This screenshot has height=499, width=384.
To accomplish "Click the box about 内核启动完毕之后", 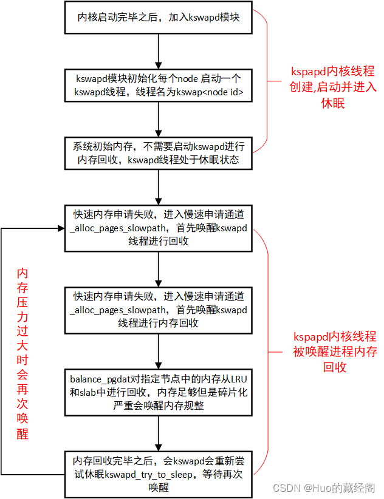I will click(159, 18).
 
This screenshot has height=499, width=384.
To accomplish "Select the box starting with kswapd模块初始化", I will click(159, 86).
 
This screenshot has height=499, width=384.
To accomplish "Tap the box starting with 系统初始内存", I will click(159, 152).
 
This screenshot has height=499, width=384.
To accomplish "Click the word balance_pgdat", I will click(101, 380).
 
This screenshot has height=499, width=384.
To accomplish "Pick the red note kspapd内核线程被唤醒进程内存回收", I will click(334, 352).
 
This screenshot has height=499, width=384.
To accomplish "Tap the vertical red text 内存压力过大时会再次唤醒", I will click(23, 352).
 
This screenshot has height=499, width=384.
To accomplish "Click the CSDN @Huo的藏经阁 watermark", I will click(323, 488).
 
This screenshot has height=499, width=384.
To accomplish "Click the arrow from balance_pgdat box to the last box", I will click(159, 432).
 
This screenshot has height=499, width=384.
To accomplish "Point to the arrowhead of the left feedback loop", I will click(61, 228).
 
